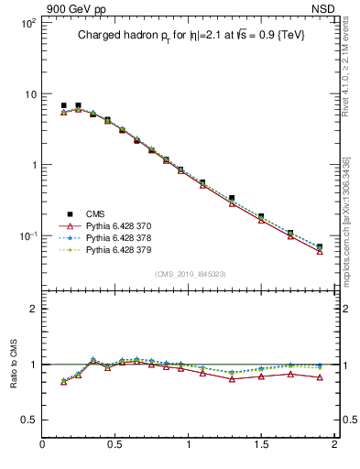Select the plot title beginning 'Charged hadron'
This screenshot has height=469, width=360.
tap(190, 35)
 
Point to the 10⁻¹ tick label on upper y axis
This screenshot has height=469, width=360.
tap(27, 235)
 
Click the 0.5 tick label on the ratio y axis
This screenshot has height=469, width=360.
tap(29, 420)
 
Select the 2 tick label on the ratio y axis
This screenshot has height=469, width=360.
tap(33, 309)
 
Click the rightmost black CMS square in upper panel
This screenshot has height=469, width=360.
tap(320, 246)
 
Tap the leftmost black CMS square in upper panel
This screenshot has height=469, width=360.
tap(63, 105)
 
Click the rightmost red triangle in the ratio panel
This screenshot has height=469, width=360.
tap(320, 376)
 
